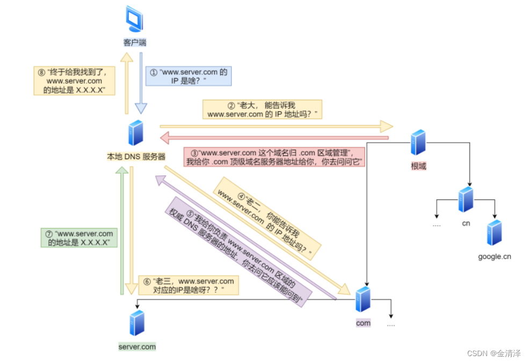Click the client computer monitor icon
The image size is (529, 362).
[134, 19]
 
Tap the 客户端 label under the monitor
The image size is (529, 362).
[135, 42]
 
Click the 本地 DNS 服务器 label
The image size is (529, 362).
[136, 157]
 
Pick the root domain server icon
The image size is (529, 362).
[418, 143]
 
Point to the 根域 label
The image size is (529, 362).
[418, 166]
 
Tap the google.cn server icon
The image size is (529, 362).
[494, 233]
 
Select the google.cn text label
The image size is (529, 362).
[495, 256]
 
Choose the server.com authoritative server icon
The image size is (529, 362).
[137, 323]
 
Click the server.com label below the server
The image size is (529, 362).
[137, 346]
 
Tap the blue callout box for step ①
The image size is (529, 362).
[189, 76]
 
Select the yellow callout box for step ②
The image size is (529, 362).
[262, 109]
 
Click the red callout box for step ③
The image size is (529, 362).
[274, 157]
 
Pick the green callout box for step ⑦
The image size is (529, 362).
[79, 238]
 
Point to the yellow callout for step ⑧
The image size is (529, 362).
[74, 80]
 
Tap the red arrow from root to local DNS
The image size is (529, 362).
[274, 138]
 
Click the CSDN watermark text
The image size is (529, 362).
[494, 353]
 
